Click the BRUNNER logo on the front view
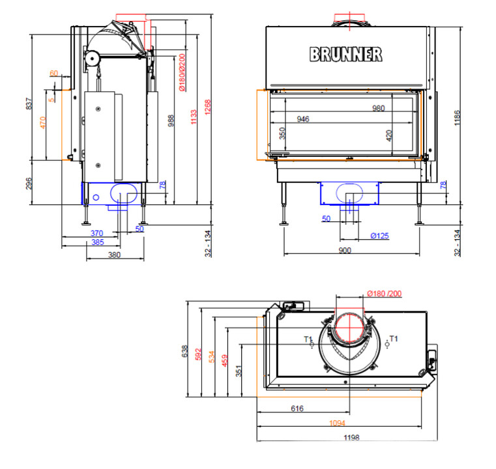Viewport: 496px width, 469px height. (x=345, y=54)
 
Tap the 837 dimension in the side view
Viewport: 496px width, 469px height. (x=29, y=104)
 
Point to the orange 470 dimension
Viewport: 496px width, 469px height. (x=43, y=122)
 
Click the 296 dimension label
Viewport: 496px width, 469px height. (x=29, y=184)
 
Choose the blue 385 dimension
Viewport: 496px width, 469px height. (x=97, y=242)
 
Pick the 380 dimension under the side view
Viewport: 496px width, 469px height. (x=114, y=255)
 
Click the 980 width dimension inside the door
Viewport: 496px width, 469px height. (x=378, y=108)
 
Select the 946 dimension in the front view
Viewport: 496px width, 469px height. (x=302, y=119)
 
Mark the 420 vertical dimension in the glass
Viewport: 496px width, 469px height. (x=389, y=135)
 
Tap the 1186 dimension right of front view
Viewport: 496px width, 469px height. (x=457, y=118)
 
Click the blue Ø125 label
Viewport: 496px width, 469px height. (x=379, y=236)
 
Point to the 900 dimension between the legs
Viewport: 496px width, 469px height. (x=345, y=251)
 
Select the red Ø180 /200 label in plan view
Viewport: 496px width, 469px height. (x=385, y=294)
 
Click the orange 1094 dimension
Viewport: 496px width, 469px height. (x=337, y=423)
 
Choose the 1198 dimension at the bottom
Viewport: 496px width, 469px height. (x=351, y=437)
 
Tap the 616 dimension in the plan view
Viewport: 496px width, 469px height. (x=297, y=408)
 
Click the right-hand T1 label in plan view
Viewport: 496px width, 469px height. (x=394, y=339)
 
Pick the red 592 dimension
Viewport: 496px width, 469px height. (x=198, y=354)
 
